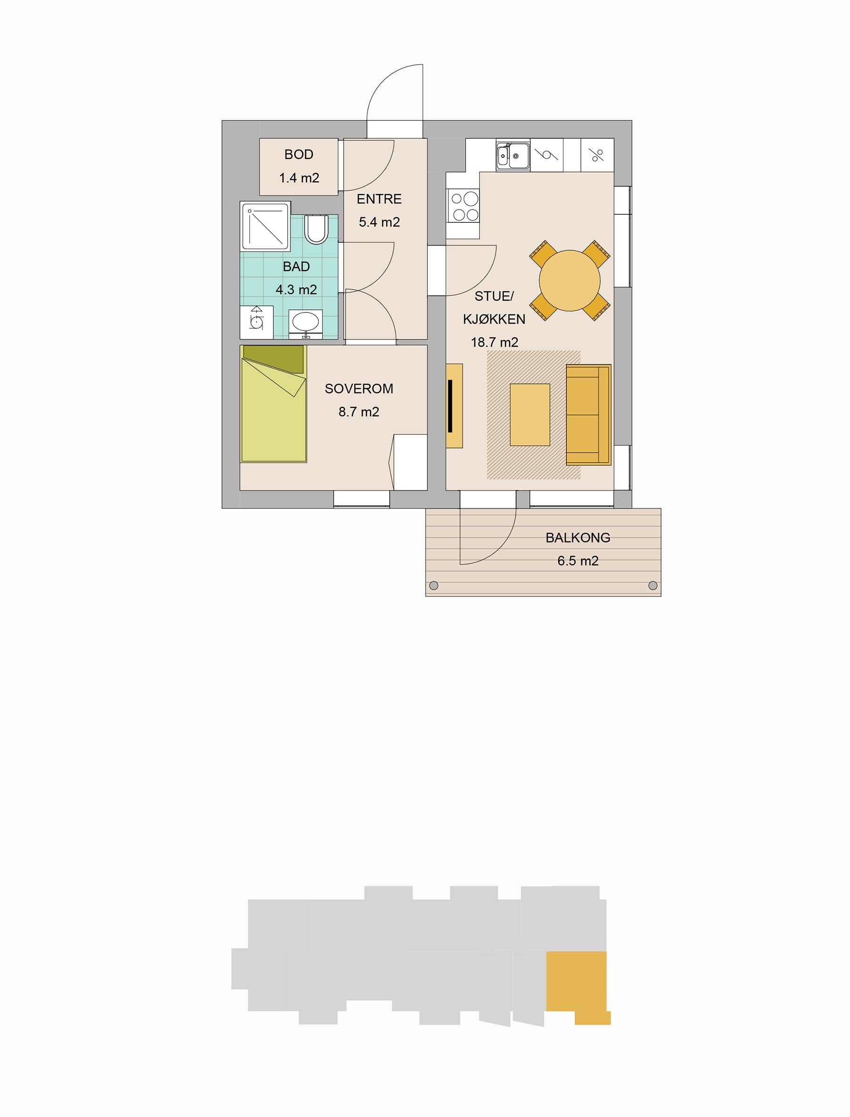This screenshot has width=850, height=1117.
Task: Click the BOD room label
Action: (298, 154)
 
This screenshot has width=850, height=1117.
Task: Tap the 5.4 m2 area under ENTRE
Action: (380, 222)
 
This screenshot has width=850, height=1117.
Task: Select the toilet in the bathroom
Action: (317, 229)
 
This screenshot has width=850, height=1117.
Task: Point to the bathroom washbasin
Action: (306, 322)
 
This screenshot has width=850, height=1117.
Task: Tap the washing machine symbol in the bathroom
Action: (257, 322)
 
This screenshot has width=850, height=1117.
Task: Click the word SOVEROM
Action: (359, 389)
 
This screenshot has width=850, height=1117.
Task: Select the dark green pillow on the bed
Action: (273, 359)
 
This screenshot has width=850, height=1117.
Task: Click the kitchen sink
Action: (512, 155)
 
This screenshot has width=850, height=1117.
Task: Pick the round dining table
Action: (569, 280)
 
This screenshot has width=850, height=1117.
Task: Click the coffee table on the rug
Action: (530, 415)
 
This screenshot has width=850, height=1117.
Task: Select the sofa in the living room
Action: (588, 415)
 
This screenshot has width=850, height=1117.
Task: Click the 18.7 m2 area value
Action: (494, 342)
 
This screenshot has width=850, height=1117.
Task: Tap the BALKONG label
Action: (578, 538)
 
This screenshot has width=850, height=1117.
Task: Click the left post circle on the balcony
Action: (433, 586)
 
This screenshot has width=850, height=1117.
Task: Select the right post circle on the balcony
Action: (653, 586)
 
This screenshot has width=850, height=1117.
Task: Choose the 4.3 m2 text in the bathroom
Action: (297, 289)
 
